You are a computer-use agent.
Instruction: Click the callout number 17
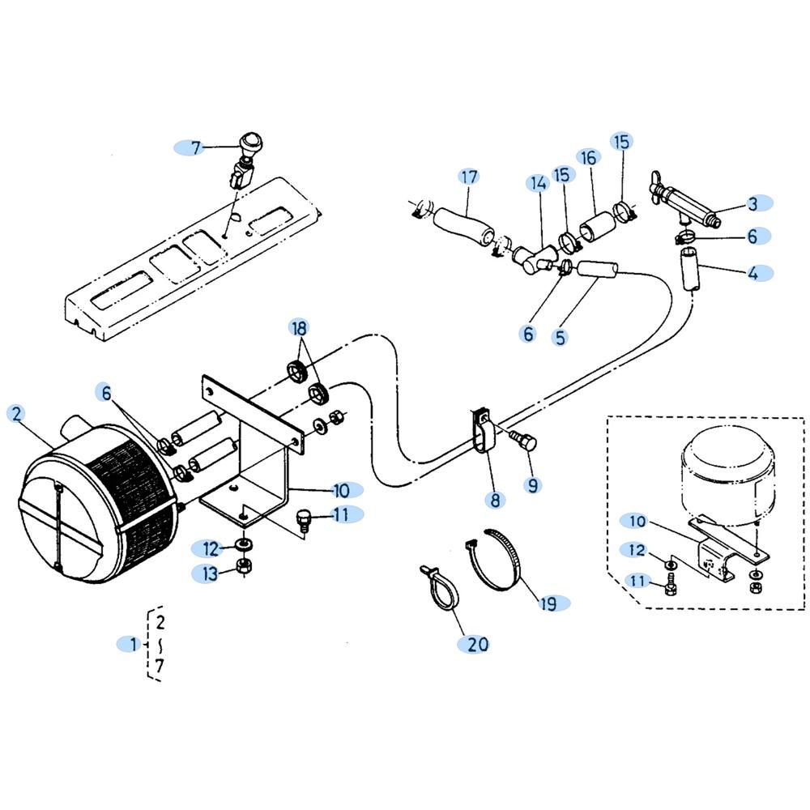[469, 177]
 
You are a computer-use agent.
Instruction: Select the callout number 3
[752, 202]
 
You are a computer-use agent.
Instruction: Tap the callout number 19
[549, 603]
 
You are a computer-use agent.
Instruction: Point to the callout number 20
[478, 644]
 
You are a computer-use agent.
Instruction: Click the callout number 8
[495, 500]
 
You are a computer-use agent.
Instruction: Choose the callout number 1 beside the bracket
[134, 645]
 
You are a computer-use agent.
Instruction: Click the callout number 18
[300, 328]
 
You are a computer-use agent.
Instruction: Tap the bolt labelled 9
[522, 440]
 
